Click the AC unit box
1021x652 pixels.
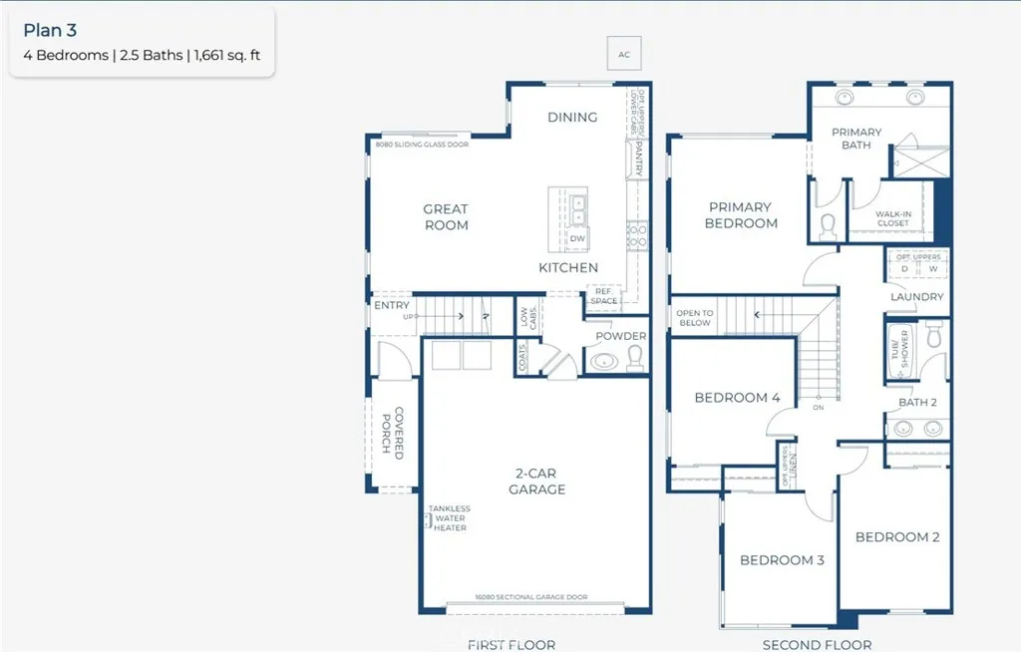(x=624, y=55)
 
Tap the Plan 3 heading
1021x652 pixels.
(x=49, y=31)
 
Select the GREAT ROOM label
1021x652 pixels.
(x=446, y=217)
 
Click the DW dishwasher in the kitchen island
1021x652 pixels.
(x=577, y=239)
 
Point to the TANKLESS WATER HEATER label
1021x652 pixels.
(x=450, y=518)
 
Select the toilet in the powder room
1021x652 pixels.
(x=635, y=360)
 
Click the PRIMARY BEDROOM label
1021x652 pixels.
(x=741, y=215)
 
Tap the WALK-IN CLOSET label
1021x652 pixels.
(x=892, y=218)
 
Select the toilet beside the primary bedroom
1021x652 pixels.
(x=827, y=227)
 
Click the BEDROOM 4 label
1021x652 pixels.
(x=737, y=398)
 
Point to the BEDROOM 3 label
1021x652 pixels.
(x=782, y=560)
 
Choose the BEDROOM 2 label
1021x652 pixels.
(x=897, y=537)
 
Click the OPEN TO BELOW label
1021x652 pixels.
(x=694, y=317)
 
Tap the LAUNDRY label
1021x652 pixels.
(x=917, y=297)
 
